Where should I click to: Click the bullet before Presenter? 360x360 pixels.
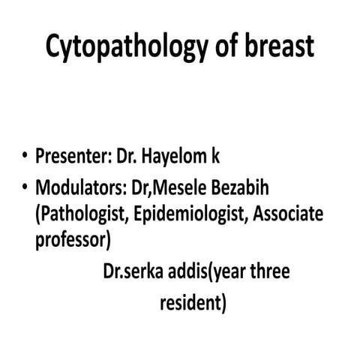point(25,159)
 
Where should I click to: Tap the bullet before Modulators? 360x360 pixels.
point(25,187)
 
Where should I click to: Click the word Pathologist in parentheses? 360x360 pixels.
point(83,216)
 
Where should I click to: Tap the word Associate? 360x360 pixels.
point(288,215)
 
